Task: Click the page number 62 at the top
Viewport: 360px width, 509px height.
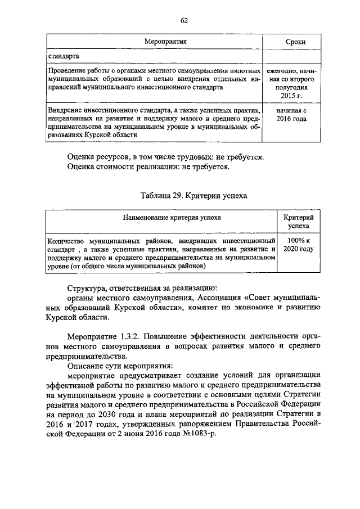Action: coord(183,21)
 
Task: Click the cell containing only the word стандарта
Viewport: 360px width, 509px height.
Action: coord(64,57)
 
